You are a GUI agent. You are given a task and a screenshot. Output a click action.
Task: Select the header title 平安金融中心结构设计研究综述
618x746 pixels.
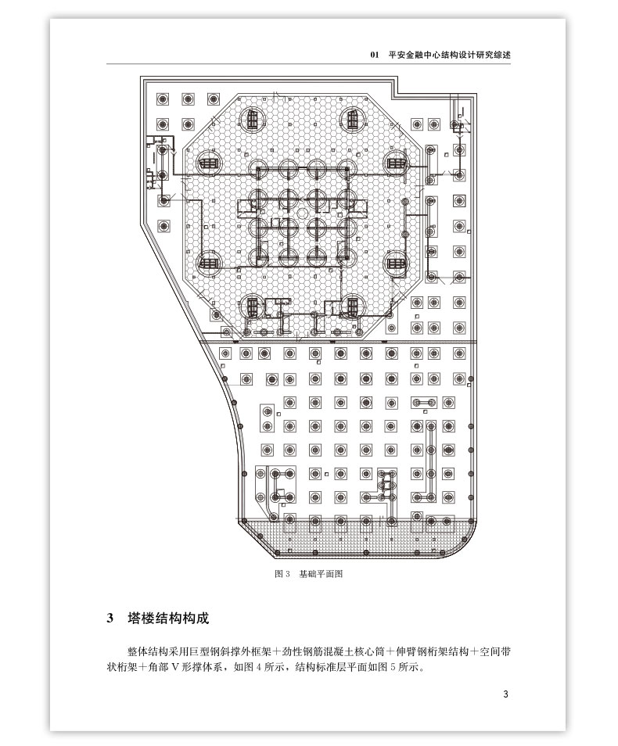pyautogui.click(x=449, y=56)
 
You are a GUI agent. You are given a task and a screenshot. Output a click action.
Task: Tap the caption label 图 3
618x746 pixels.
pyautogui.click(x=282, y=573)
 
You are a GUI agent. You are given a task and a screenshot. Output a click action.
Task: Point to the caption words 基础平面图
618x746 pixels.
pyautogui.click(x=321, y=573)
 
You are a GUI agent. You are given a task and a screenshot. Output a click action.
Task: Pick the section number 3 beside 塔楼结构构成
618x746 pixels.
pyautogui.click(x=110, y=619)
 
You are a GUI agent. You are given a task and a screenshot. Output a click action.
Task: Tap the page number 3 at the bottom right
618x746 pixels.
pyautogui.click(x=506, y=694)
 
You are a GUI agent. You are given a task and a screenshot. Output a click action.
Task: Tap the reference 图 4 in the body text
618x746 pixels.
pyautogui.click(x=253, y=669)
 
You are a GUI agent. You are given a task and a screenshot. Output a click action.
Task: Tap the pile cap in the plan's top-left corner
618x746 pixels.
pyautogui.click(x=163, y=100)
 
